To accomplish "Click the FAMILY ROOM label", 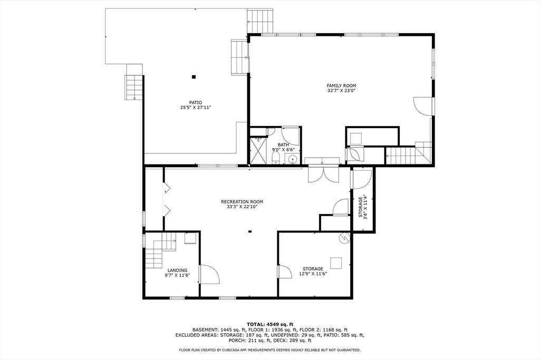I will pos(341,85).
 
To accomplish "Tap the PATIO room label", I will pos(196,103).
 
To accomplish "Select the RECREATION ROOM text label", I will pos(242,202).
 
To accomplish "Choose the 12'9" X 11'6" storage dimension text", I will pos(313,274).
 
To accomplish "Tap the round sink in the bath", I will pos(294,159).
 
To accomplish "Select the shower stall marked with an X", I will pos(258,151).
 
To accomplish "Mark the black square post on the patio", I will pos(194,77).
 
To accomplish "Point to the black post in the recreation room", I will pos(250,231).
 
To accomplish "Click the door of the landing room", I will pos(208,274).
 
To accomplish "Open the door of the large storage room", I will pos(284,271).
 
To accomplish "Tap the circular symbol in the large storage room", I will pos(344,238).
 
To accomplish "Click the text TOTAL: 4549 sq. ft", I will pos(270,324).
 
